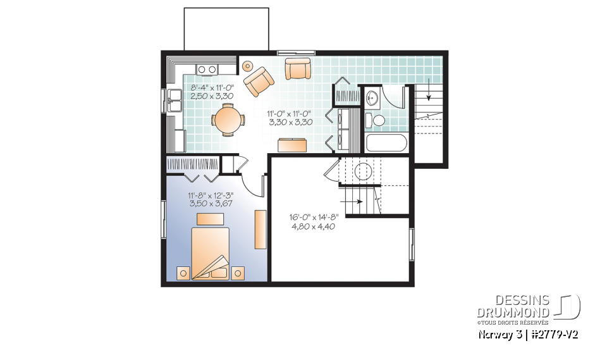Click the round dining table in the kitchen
(228, 119)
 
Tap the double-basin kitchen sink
(174, 100)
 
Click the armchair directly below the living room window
(297, 68)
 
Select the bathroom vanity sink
(372, 97)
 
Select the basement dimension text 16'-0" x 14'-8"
(314, 217)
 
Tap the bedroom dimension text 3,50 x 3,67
(209, 204)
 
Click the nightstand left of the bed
(183, 273)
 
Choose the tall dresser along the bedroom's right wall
(260, 229)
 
